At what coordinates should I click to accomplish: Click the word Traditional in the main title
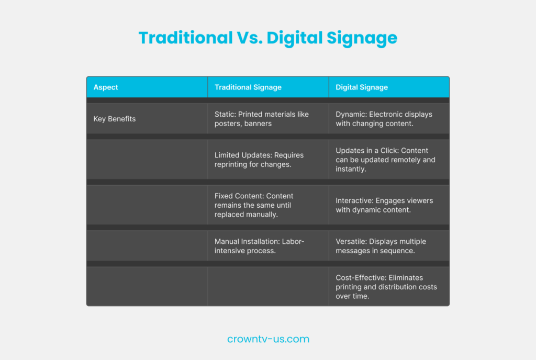(186, 38)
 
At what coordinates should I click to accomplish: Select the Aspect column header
(106, 87)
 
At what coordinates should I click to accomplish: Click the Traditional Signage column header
(248, 87)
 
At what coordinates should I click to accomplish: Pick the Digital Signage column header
(362, 87)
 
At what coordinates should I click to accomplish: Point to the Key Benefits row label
(115, 119)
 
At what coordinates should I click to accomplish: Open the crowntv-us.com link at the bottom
(268, 339)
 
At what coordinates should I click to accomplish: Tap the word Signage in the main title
(362, 38)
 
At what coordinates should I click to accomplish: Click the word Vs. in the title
(250, 38)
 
